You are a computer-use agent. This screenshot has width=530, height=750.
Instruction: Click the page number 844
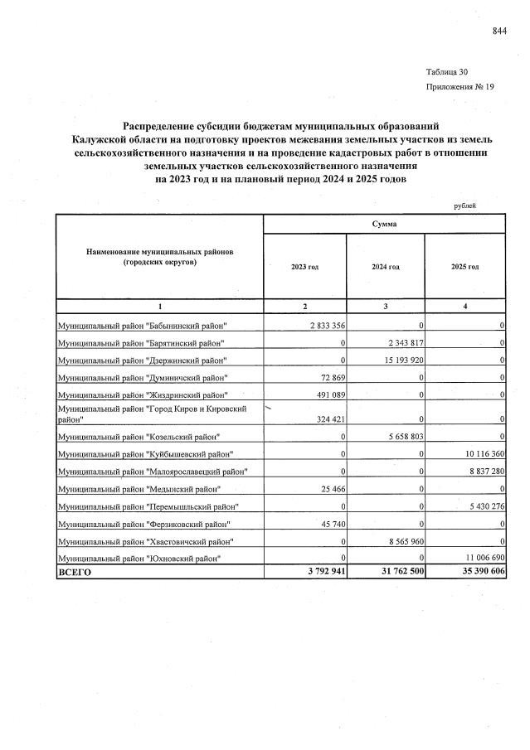[x=498, y=31]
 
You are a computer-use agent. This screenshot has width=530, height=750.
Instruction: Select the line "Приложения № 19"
[x=459, y=86]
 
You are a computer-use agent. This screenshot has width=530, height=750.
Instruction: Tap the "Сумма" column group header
[x=384, y=224]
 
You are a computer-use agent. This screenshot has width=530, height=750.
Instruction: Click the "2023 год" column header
[x=304, y=267]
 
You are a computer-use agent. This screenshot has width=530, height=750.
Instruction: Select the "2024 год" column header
[x=385, y=267]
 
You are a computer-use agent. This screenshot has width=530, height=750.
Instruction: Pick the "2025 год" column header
[x=464, y=267]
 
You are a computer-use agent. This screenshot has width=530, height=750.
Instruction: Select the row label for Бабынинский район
[x=142, y=325]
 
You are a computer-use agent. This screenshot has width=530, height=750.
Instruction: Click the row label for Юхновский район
[x=139, y=559]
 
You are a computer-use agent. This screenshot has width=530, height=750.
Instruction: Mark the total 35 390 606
[x=476, y=572]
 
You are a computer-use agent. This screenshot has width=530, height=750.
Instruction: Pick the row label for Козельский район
[x=138, y=437]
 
